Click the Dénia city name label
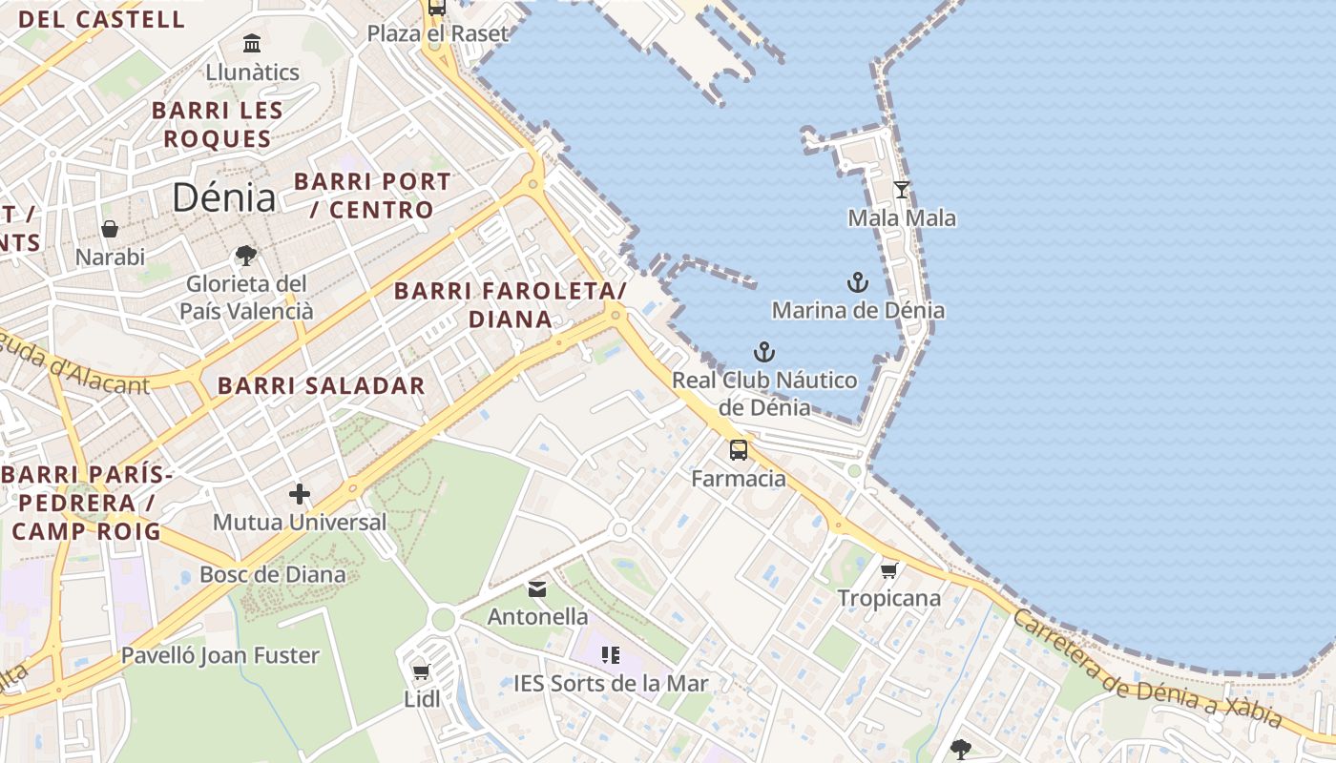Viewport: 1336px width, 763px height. pos(224,197)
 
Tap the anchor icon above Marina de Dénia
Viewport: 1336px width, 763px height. pos(858,282)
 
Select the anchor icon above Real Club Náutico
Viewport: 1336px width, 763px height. pos(764,352)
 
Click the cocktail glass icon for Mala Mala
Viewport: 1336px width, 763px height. pos(902,189)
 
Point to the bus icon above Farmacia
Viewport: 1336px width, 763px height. pos(739,450)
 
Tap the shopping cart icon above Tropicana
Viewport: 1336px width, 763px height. pos(889,570)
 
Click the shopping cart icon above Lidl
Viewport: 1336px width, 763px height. pos(422,671)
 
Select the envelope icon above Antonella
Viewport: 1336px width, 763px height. pos(537,589)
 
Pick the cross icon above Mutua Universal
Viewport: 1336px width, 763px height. pos(300,494)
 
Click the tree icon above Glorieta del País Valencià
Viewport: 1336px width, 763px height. pos(246,255)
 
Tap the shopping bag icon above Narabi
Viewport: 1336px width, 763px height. pos(110,229)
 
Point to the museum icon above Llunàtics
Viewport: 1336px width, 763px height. pos(252,43)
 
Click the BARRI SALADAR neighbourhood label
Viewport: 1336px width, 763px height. pos(322,385)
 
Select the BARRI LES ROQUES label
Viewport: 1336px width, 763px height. pos(218,124)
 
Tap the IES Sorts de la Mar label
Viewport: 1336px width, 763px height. pos(611,683)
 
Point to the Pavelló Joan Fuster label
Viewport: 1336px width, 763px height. pos(220,655)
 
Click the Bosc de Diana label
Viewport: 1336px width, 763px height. pos(272,574)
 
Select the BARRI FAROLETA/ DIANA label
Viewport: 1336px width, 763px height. pos(511,304)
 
